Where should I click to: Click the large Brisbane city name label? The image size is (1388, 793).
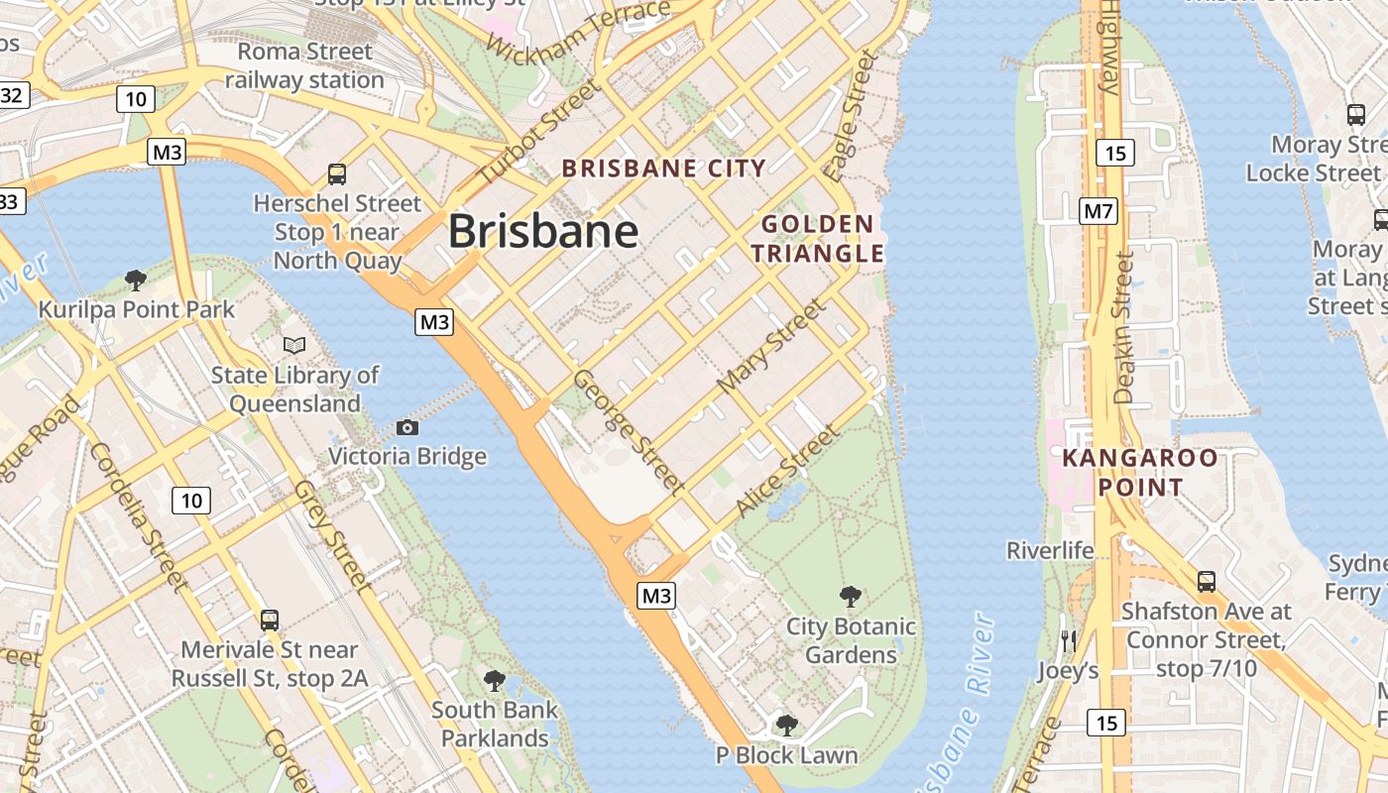point(543,232)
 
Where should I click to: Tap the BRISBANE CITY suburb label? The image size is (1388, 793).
point(664,169)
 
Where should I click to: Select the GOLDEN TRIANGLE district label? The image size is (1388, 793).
point(817,239)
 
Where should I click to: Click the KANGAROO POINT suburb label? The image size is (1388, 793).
point(1140,473)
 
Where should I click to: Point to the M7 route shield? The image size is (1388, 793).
point(1099,210)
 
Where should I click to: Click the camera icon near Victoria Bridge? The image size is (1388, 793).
point(406,427)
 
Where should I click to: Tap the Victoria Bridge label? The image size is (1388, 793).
point(407,457)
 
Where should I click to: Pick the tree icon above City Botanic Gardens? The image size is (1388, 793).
point(850,596)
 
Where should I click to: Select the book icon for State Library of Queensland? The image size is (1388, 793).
point(294,345)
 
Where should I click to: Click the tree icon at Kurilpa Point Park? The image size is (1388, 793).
point(136,280)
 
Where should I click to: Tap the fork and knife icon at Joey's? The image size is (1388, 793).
point(1068,640)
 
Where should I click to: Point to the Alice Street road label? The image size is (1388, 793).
point(787,472)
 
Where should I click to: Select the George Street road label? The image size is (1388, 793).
point(629,432)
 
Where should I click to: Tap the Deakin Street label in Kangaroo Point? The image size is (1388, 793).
point(1123,327)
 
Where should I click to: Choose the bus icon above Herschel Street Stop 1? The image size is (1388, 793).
point(337,174)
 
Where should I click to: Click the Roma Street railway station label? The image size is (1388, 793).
point(304,65)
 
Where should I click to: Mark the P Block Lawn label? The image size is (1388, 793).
point(786,755)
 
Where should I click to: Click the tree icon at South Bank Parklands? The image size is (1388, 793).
point(494,681)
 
